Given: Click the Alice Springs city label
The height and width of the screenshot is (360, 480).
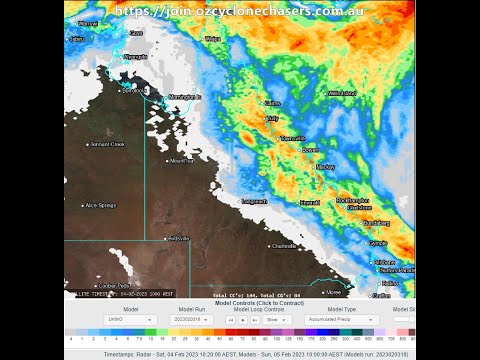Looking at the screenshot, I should coord(103,205).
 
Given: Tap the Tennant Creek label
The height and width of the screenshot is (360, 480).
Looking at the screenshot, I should coord(106,144).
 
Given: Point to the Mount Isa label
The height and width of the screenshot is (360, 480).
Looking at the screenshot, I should coord(181,160).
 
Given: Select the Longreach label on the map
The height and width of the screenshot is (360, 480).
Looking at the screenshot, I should coord(254,201).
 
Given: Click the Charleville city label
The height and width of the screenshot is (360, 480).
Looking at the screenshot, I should coord(284,245).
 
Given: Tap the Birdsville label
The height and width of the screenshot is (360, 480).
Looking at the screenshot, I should coord(178,238).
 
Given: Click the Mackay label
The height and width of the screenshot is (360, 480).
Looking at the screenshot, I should coord(326,167).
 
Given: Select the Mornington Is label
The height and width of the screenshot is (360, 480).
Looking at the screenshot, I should coord(185,97).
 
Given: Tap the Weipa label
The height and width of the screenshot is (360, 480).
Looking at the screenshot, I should coord(213,39).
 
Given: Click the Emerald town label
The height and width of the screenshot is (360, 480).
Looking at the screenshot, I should coord(310,201).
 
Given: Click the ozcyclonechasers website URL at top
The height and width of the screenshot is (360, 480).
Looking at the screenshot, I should coord(240,11).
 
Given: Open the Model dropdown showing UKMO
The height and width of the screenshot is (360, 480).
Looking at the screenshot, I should coord(130,320).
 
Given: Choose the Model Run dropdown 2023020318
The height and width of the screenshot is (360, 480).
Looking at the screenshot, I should coord(191,320).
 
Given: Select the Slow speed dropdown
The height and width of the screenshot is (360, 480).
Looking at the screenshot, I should coord(277,320).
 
